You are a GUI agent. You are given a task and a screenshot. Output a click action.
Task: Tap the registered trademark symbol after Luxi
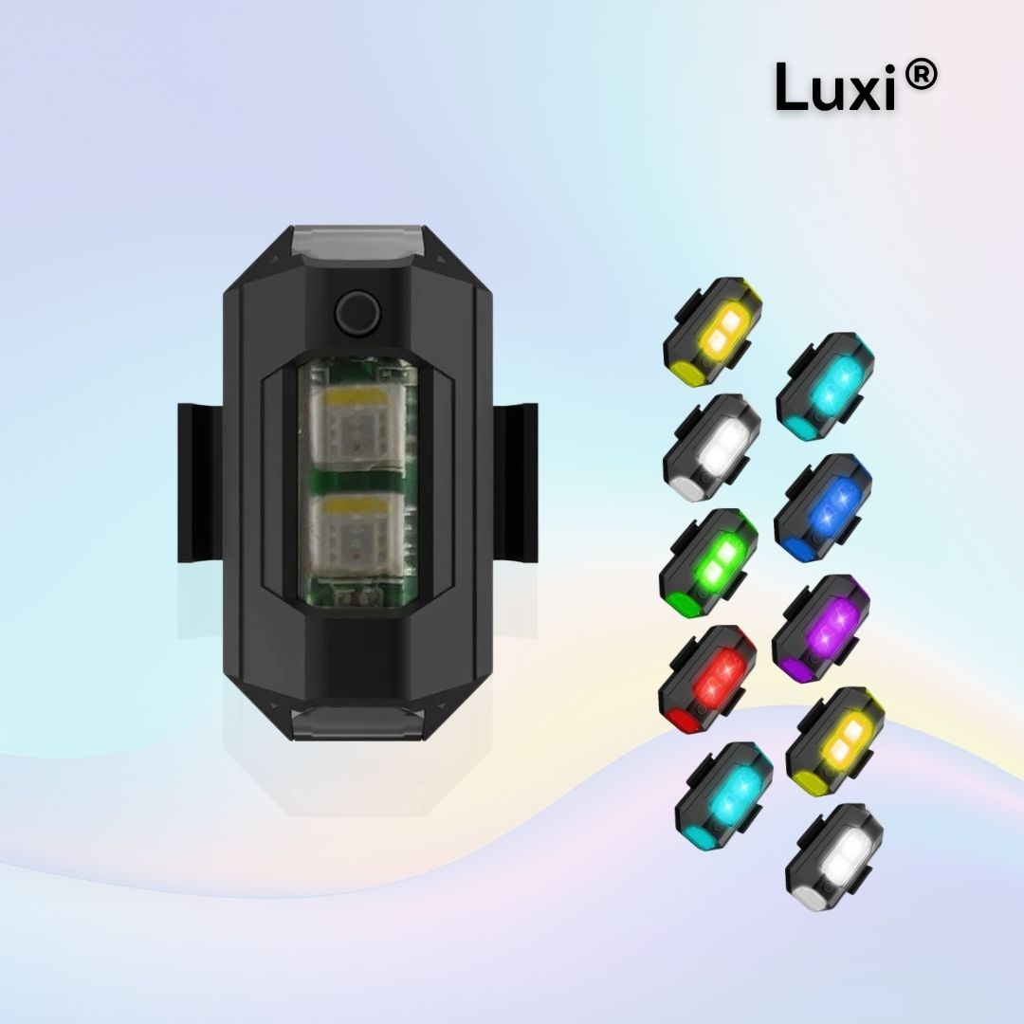(x=922, y=75)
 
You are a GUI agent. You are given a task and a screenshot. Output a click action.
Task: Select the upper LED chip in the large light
(x=358, y=422)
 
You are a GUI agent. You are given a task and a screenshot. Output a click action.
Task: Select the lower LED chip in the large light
(x=358, y=530)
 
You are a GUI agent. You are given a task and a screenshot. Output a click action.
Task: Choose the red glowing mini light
(x=707, y=680)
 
